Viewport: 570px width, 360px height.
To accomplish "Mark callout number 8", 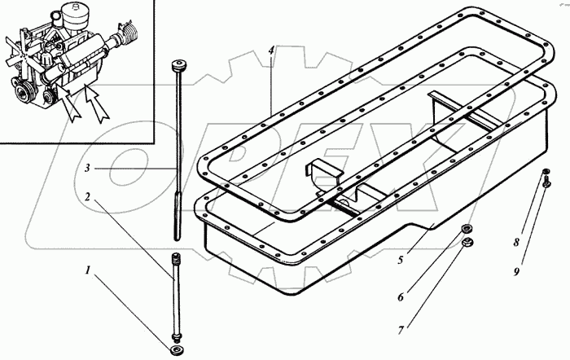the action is pyautogui.click(x=515, y=242).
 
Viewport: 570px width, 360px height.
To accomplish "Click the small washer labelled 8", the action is pyautogui.click(x=545, y=171).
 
